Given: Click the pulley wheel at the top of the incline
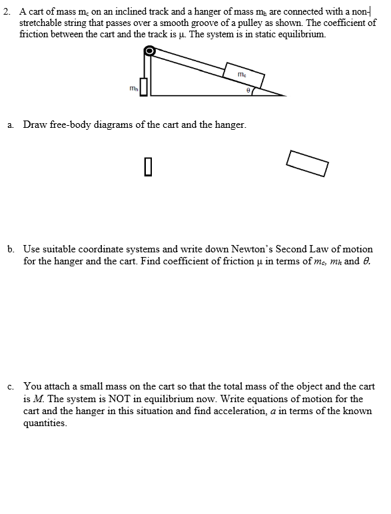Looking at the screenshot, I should (151, 51).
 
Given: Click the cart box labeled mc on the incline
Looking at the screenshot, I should (244, 74).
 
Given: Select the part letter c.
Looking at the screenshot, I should (11, 386).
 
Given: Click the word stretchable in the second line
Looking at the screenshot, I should (43, 23).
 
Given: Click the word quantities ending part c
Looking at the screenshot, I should (45, 423).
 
